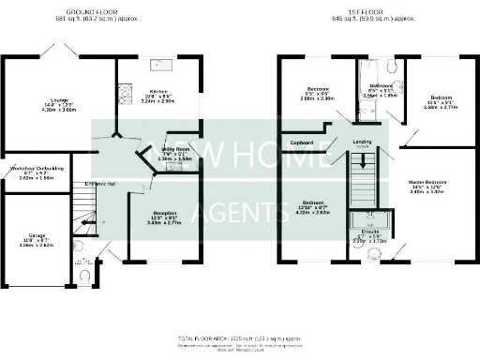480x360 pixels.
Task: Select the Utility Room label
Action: pos(175,148)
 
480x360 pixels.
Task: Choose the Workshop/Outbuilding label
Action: pos(30,168)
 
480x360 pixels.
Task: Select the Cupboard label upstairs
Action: pos(301,142)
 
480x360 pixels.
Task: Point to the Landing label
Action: pos(362,142)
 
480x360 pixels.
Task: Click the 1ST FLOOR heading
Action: pos(361,11)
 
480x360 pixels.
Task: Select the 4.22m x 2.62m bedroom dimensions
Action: pos(312,212)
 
